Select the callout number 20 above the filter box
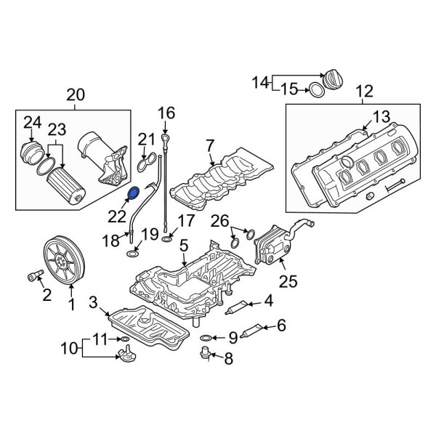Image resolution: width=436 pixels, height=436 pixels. coord(75,94)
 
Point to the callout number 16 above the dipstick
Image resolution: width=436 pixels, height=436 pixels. coord(166,113)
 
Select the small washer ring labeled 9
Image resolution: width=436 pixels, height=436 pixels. coord(207,337)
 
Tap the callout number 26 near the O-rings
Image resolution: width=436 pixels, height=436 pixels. coord(219,221)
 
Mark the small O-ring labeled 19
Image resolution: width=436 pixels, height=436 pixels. coord(133,252)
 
